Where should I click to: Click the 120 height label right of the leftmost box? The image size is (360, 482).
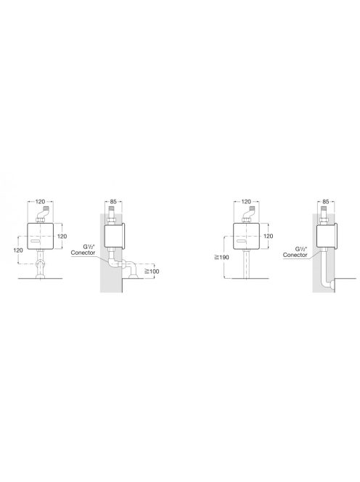(62, 237)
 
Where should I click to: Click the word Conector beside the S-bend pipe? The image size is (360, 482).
(82, 255)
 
